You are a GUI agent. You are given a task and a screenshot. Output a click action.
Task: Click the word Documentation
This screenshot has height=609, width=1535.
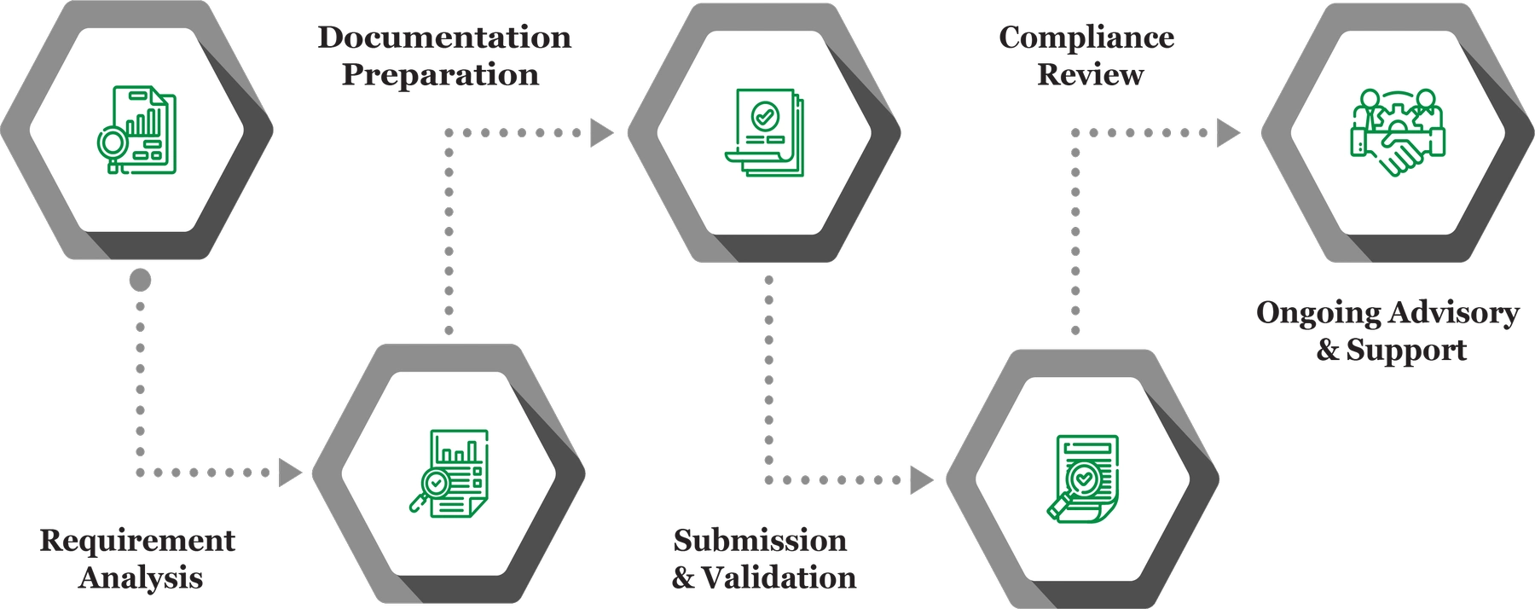click(444, 38)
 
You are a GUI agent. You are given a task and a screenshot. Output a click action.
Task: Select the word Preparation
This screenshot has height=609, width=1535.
click(441, 75)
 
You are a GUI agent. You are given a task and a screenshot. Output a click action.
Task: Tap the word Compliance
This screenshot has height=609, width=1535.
click(1086, 38)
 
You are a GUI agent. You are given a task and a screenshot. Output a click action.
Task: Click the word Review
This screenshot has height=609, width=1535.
click(1090, 75)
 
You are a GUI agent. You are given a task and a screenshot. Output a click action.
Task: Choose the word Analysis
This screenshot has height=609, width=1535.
click(141, 578)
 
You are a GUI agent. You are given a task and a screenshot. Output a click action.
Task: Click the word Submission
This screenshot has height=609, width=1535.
click(760, 541)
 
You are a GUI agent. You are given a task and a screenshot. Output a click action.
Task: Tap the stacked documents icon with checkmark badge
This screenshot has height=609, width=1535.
click(764, 132)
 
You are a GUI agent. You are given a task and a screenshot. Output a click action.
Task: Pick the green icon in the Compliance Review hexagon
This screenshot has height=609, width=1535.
click(1082, 478)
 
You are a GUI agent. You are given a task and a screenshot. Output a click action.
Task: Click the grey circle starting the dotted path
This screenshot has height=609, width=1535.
click(141, 281)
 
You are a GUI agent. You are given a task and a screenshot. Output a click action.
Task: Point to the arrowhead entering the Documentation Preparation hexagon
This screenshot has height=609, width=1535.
click(292, 471)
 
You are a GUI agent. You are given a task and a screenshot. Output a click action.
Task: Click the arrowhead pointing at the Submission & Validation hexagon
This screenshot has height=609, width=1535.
click(602, 132)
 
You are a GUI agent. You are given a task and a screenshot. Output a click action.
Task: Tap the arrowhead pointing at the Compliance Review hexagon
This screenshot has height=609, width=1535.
click(922, 479)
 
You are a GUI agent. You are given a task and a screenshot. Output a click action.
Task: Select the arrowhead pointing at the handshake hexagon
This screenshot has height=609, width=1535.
click(1228, 132)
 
